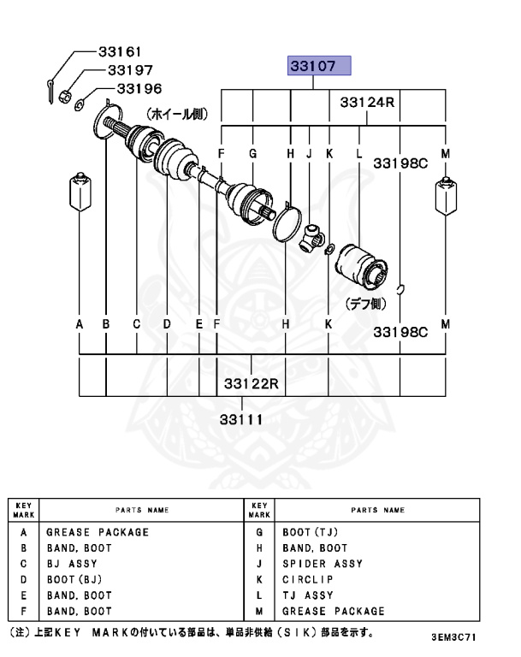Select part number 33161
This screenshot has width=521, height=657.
click(118, 53)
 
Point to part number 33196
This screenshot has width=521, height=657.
click(139, 88)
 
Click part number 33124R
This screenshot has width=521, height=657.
click(367, 102)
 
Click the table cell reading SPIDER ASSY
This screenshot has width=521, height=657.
click(323, 564)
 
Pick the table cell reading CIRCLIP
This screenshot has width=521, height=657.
click(311, 579)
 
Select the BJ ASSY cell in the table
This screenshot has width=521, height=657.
click(72, 564)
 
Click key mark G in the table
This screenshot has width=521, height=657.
click(258, 532)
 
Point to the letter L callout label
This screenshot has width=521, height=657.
click(359, 153)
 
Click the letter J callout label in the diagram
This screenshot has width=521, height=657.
click(309, 153)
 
